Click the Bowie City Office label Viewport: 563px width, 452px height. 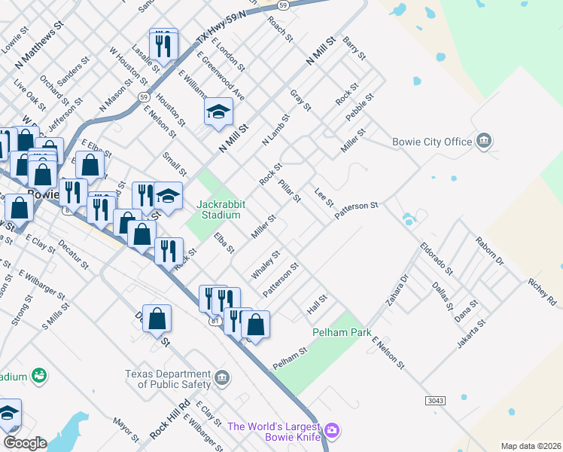432,142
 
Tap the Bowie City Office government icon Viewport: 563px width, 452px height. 484,141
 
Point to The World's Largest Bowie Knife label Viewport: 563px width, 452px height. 275,432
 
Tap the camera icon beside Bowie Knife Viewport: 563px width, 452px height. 333,431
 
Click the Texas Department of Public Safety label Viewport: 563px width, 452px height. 167,379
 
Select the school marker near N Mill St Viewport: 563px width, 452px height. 219,113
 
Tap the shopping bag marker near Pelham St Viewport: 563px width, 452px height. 255,325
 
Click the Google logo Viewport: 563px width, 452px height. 25,443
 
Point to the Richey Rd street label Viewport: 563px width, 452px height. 542,293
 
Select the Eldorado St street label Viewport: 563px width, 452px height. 437,256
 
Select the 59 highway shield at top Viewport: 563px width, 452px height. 282,5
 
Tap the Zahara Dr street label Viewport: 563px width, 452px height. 397,290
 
